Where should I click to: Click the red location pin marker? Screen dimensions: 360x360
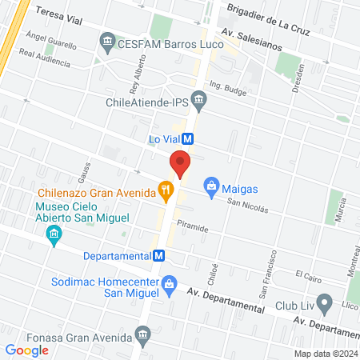tap(181, 164)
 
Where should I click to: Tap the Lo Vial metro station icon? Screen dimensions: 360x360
tap(188, 138)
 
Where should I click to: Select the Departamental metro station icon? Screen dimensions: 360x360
tap(159, 256)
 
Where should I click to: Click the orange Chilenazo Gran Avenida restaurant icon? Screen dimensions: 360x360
tap(166, 190)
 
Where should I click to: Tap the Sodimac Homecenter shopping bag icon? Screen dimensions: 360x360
tap(169, 283)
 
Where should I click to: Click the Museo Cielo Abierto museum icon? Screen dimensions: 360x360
tap(54, 234)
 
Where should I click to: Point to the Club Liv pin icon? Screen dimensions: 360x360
tap(324, 303)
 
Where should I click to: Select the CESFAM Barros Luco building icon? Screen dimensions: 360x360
tap(106, 41)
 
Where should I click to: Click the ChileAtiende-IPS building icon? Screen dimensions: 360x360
tap(201, 101)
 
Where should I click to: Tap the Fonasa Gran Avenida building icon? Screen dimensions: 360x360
tap(144, 338)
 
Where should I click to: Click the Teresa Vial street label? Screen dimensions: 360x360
tap(55, 14)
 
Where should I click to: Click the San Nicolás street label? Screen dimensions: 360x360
tap(246, 204)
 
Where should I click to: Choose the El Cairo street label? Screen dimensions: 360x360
tap(308, 275)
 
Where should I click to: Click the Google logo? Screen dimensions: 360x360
tap(26, 350)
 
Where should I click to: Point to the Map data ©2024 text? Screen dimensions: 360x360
tap(325, 353)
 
